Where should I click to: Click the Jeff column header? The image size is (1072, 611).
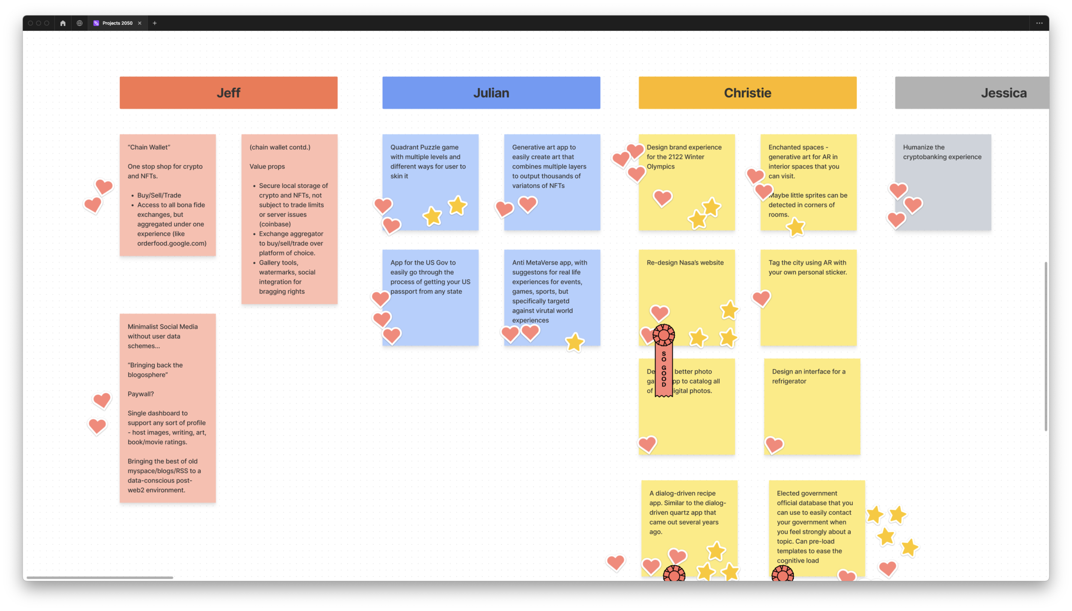click(x=228, y=93)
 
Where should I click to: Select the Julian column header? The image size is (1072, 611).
click(x=491, y=93)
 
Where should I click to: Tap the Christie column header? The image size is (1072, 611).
click(x=747, y=93)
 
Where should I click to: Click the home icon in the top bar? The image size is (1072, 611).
click(x=63, y=23)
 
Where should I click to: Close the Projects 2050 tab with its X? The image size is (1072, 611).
click(x=140, y=23)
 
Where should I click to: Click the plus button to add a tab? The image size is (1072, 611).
click(x=155, y=23)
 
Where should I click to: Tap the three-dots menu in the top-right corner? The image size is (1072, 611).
click(x=1039, y=23)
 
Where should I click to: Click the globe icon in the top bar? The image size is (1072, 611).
click(x=79, y=23)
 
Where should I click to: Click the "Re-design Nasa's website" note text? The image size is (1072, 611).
click(x=685, y=262)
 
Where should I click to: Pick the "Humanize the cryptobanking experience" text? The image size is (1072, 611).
click(x=942, y=152)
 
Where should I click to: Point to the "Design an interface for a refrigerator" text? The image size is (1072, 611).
click(x=808, y=376)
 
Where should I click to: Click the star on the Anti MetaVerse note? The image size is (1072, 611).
click(x=575, y=342)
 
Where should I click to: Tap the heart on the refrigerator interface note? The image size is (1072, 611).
click(x=774, y=445)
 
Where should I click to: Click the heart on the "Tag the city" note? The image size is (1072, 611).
click(x=761, y=298)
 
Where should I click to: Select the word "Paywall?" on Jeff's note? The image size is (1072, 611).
click(x=141, y=394)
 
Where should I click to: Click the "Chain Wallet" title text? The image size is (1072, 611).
click(x=149, y=147)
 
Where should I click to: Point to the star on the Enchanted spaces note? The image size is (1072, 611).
click(x=796, y=226)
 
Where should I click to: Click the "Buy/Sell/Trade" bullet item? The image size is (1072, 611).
click(x=159, y=195)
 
